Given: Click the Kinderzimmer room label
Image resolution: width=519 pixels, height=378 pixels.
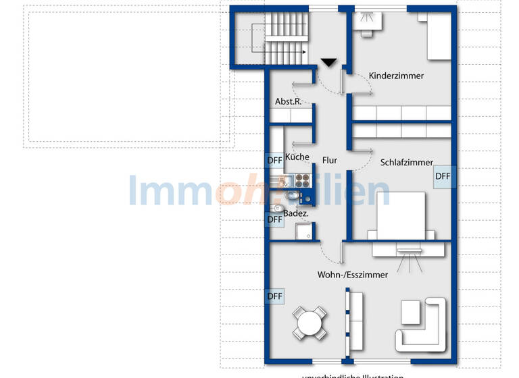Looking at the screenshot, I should tap(397, 76).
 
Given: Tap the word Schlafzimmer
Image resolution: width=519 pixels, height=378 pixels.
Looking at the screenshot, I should tap(406, 163).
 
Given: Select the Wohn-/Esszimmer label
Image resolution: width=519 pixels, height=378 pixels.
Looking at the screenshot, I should tap(353, 275).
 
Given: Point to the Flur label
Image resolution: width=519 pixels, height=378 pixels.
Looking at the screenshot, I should tap(329, 160).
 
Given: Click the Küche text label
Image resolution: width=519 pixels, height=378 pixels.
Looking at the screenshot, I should tap(297, 157).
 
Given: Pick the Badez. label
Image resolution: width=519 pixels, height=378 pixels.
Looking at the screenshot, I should tap(296, 214).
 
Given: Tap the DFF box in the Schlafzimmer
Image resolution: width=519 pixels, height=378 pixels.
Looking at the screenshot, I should tap(442, 177).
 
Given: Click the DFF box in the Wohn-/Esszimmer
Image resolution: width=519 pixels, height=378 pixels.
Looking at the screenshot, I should tap(274, 296).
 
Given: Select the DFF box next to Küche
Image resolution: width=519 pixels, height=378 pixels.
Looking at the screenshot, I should tap(274, 161).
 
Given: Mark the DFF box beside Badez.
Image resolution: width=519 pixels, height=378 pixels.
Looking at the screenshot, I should tap(274, 219).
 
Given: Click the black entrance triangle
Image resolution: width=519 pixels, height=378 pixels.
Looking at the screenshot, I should tap(329, 63).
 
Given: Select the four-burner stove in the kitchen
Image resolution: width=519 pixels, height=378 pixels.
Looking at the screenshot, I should tap(302, 180).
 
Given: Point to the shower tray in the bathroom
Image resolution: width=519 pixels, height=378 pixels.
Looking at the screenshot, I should tap(304, 232).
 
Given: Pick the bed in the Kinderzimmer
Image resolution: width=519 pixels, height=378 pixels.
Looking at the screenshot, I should tap(436, 37).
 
